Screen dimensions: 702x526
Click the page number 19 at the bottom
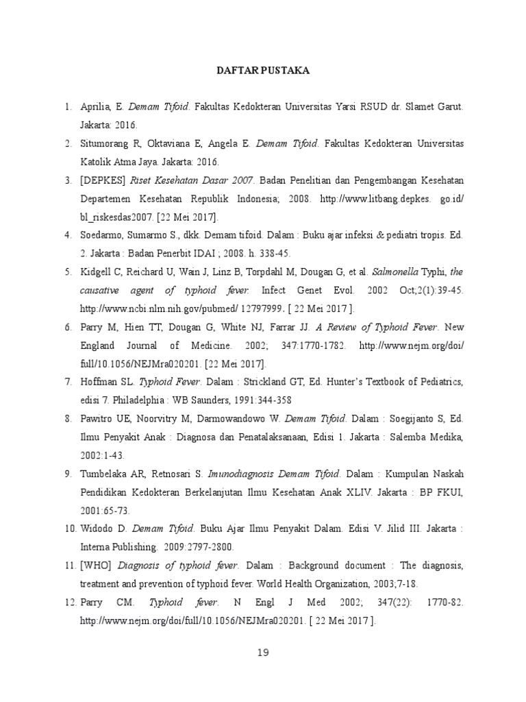tap(263, 653)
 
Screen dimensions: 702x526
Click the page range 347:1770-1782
tap(325, 345)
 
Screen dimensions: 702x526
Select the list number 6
tap(68, 326)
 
